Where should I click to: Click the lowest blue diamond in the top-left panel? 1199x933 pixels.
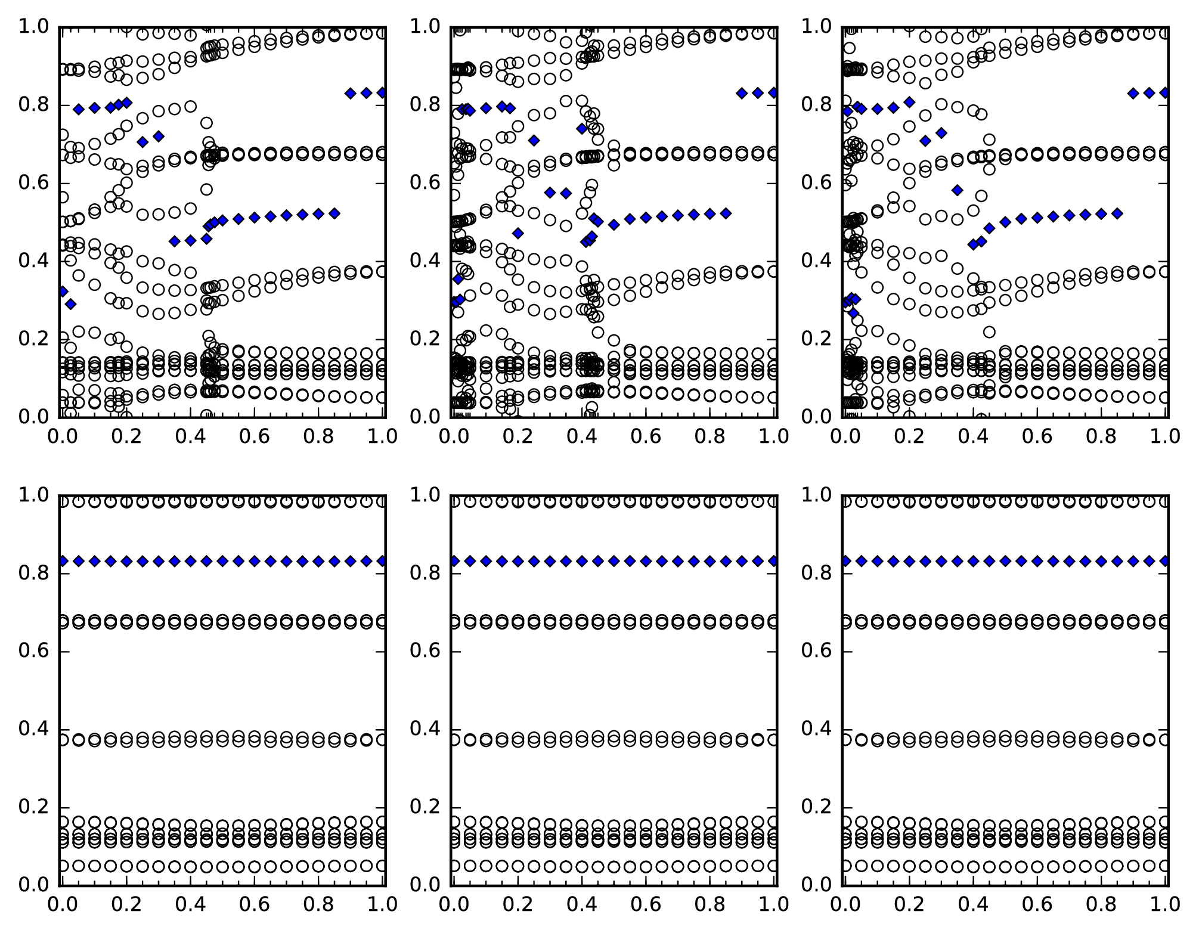coord(71,304)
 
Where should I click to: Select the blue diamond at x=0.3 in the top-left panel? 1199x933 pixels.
coord(159,137)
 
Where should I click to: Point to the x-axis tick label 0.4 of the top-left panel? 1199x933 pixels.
coord(190,437)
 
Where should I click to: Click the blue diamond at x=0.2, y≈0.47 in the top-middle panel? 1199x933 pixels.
coord(518,233)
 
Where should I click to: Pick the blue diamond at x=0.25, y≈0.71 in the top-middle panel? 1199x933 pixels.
coord(534,140)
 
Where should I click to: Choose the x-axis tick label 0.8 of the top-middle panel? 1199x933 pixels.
coord(710,437)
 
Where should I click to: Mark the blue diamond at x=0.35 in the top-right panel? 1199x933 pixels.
coord(958,190)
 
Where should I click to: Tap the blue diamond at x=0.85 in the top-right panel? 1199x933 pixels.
coord(1117,213)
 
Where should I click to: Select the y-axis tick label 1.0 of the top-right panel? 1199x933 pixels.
coord(816,27)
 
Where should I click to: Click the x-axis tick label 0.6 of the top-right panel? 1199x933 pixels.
coord(1037,437)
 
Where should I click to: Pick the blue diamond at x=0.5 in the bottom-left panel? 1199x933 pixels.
coord(222,561)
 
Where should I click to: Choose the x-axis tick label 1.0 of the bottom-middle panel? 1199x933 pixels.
coord(773,905)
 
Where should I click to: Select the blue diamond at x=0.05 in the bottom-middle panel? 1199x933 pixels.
coord(470,561)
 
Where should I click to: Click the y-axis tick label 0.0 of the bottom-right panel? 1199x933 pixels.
coord(816,885)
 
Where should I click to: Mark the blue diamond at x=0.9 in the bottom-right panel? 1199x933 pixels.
coord(1133,561)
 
